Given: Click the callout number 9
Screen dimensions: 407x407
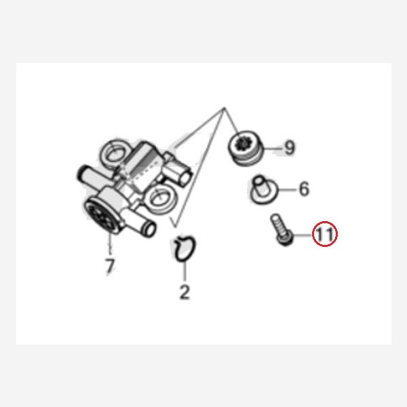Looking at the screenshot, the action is pyautogui.click(x=290, y=147).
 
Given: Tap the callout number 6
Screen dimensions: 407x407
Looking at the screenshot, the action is pyautogui.click(x=304, y=189).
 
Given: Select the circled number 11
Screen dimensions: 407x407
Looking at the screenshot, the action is pyautogui.click(x=325, y=234).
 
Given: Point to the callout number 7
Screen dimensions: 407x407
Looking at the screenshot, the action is pyautogui.click(x=110, y=266).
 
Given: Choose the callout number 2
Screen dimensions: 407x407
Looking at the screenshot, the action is pyautogui.click(x=185, y=292).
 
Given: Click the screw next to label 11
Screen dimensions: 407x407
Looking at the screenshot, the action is pyautogui.click(x=282, y=230).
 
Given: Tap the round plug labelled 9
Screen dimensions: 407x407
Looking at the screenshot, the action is pyautogui.click(x=246, y=148).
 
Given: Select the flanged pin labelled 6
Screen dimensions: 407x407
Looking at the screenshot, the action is pyautogui.click(x=263, y=190).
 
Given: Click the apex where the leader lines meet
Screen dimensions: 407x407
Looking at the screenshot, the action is pyautogui.click(x=225, y=107).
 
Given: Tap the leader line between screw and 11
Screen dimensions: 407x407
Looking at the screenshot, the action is pyautogui.click(x=303, y=235).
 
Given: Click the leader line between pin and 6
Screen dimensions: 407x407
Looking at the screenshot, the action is pyautogui.click(x=287, y=189).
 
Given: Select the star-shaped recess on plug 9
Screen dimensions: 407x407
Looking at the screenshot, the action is pyautogui.click(x=244, y=142).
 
